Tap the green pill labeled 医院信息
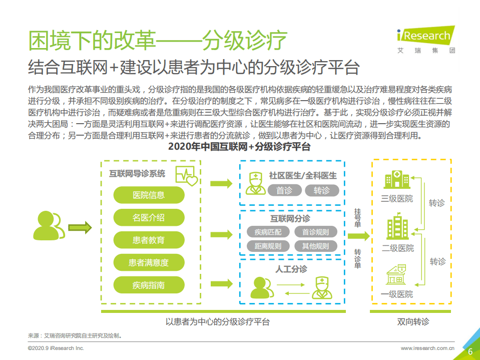tap(149, 195)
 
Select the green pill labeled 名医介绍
tap(149, 218)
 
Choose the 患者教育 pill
tap(149, 240)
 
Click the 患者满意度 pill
tap(149, 262)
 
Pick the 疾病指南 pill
tap(149, 285)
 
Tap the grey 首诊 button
tap(284, 191)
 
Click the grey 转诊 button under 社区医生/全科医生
tap(322, 191)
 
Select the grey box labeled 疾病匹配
tap(268, 232)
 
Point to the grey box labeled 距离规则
tap(268, 246)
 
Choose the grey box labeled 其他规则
tap(316, 246)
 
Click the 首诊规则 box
tap(316, 232)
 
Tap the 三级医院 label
tap(397, 199)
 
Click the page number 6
tap(470, 351)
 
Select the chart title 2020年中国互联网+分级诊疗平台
tap(239, 147)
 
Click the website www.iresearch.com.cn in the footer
tap(427, 348)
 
